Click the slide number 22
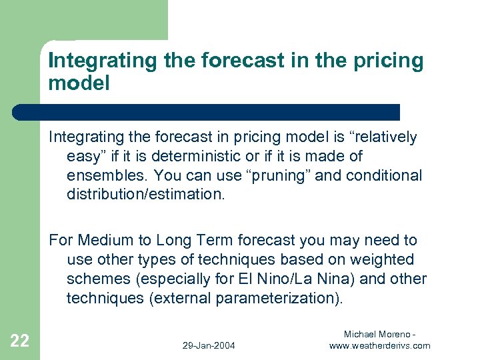pos(20,341)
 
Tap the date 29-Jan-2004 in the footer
pos(209,345)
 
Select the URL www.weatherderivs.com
pos(380,345)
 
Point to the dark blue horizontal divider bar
pos(207,112)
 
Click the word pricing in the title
pos(385,61)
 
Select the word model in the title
pos(78,83)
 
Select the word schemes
pos(95,279)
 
